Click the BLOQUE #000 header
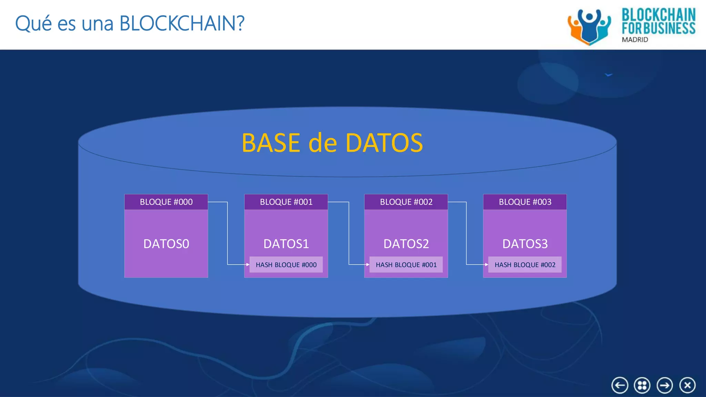click(166, 202)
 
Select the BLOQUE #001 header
click(286, 202)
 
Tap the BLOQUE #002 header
click(406, 202)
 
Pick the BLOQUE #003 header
click(525, 202)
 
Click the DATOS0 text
click(166, 244)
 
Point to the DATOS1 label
click(286, 244)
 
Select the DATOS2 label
click(406, 244)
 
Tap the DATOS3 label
click(525, 244)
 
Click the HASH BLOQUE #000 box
click(286, 265)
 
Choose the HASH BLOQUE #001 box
click(406, 265)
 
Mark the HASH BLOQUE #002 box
click(525, 265)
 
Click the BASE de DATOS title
click(332, 143)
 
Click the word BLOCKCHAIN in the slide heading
click(182, 23)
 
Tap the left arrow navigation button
click(620, 385)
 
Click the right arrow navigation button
click(665, 385)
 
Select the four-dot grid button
click(642, 385)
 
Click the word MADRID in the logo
click(635, 40)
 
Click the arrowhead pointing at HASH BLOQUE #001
click(367, 265)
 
